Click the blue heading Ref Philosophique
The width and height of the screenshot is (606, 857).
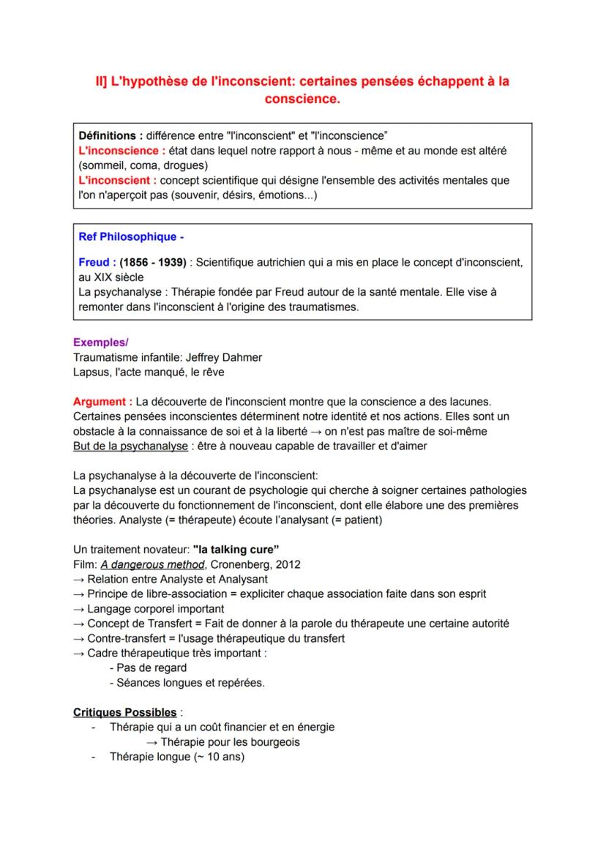tap(127, 237)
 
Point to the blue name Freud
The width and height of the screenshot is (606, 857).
tap(94, 262)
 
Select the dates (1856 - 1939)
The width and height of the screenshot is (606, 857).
tap(152, 262)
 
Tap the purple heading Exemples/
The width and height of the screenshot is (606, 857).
tap(100, 342)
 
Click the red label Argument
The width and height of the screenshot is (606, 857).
tap(102, 402)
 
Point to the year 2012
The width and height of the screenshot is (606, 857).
tap(285, 564)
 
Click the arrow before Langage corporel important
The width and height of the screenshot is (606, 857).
tap(79, 609)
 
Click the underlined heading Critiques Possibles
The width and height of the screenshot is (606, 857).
tap(125, 712)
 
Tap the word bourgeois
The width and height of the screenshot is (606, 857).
tap(274, 741)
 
